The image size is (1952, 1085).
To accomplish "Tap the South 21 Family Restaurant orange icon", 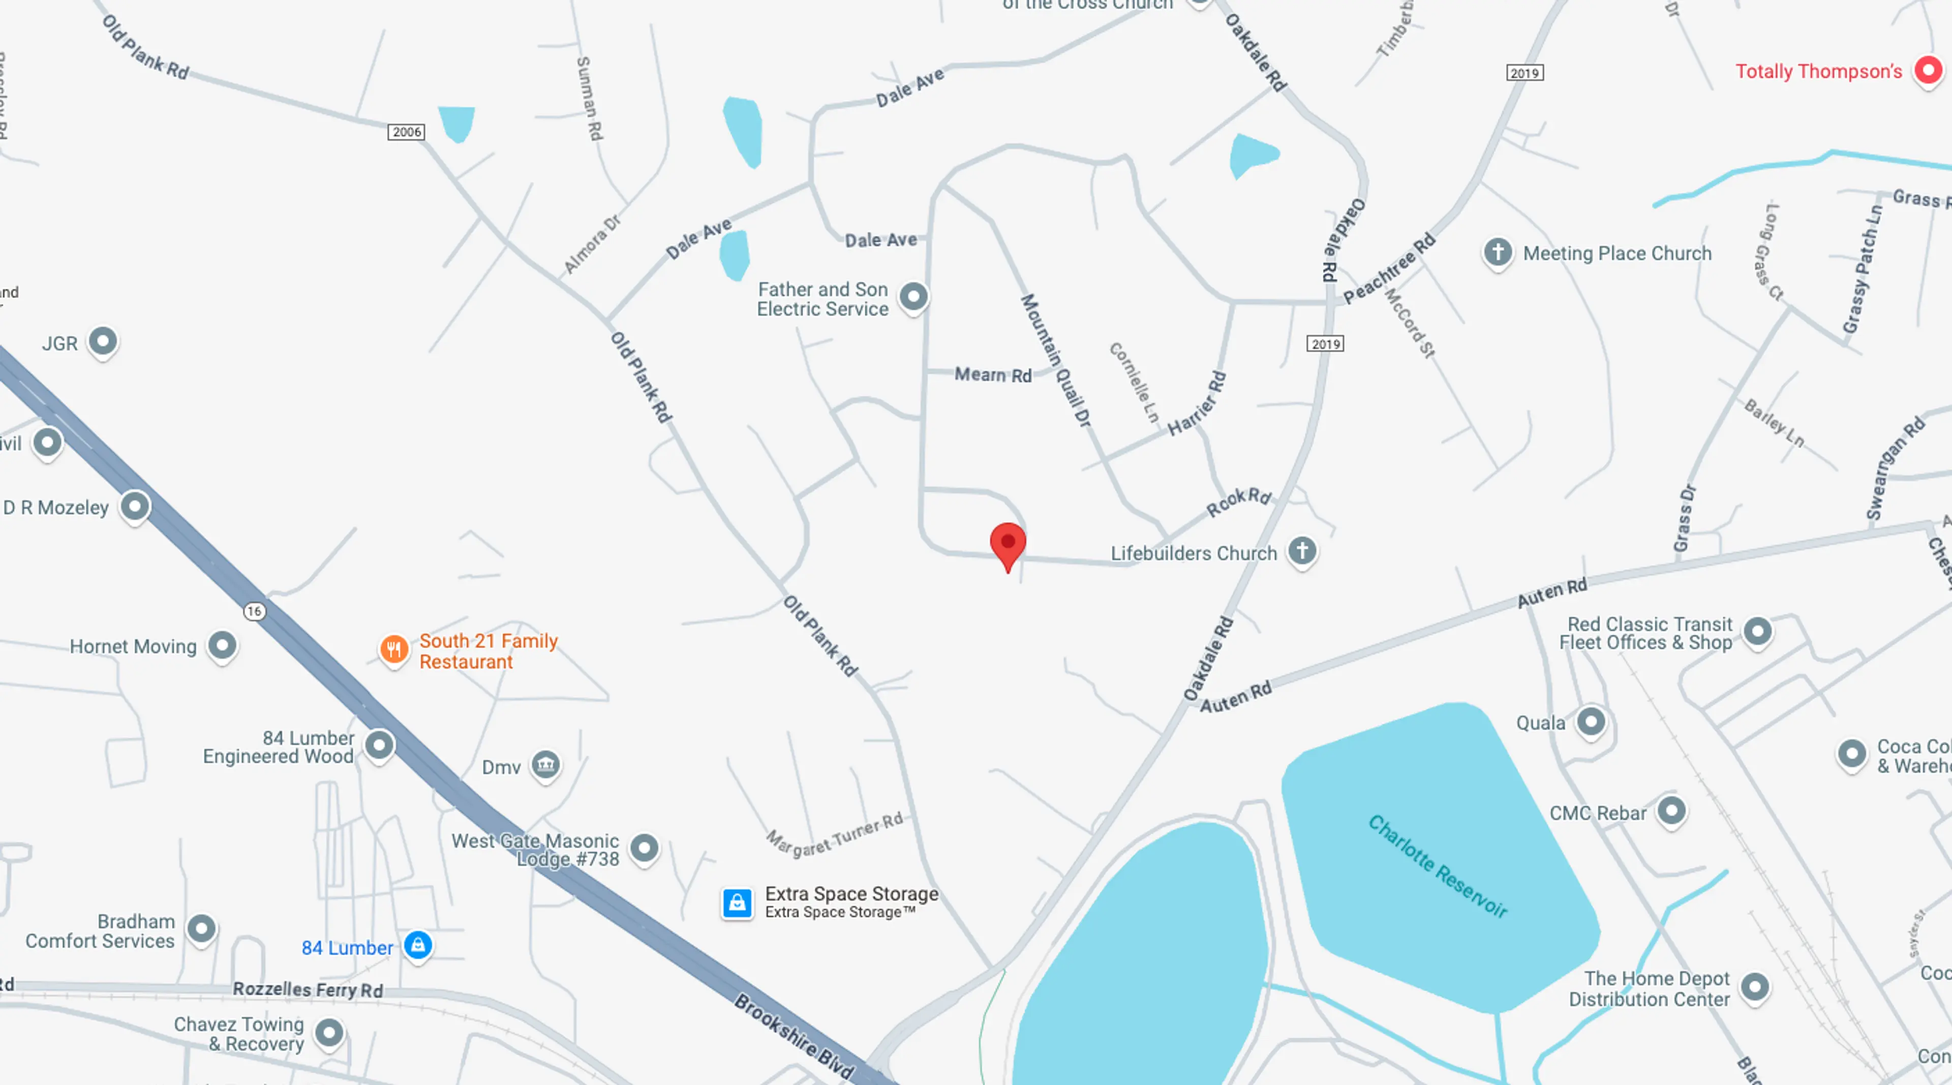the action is tap(394, 649).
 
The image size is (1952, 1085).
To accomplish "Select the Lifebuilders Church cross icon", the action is tap(1302, 550).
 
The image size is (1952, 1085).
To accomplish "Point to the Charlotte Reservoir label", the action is tap(1438, 867).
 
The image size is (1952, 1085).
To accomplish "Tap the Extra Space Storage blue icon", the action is tap(737, 903).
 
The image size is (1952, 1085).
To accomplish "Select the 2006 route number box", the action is tap(406, 132).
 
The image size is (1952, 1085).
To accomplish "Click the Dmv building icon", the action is tap(545, 765).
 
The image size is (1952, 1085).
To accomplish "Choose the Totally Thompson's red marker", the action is tap(1928, 71).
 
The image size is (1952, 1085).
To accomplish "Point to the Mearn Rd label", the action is tap(993, 374).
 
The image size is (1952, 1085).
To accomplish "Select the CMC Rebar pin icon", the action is tap(1671, 810).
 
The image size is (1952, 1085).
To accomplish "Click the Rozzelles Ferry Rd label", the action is tap(308, 989).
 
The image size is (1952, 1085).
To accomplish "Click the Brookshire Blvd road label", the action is tap(794, 1035).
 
